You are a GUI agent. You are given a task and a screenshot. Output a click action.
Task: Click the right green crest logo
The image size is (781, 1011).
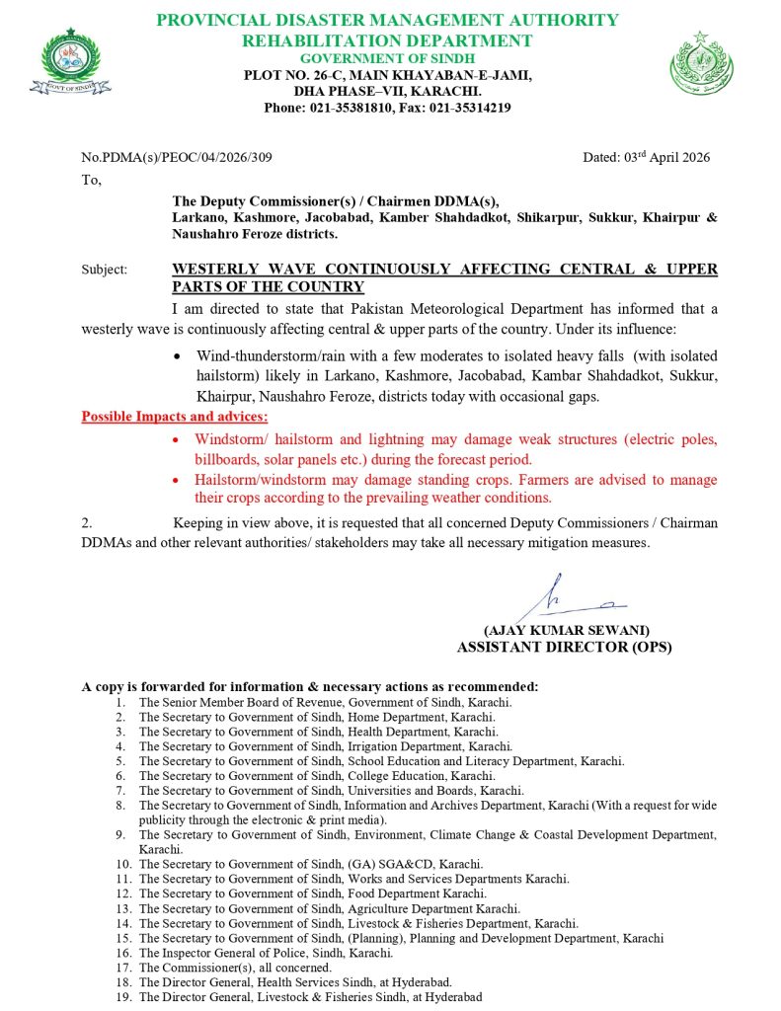(701, 63)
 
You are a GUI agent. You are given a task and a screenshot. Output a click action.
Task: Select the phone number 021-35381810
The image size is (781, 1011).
(349, 108)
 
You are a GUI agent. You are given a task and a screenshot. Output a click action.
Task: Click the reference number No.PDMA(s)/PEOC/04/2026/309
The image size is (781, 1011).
(177, 157)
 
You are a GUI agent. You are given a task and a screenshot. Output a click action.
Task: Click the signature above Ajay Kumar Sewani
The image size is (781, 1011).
(569, 598)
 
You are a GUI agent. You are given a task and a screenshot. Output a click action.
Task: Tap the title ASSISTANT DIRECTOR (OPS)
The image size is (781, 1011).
(564, 647)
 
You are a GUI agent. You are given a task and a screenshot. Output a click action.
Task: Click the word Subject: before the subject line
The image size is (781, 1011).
(105, 270)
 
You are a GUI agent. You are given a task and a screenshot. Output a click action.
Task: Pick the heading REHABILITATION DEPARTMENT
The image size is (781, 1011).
(387, 40)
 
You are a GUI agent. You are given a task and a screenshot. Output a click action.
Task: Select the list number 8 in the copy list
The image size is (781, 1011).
(120, 806)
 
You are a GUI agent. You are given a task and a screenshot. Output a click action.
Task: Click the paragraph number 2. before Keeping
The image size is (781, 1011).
(87, 522)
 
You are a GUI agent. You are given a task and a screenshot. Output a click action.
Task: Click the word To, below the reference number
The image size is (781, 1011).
(91, 180)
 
